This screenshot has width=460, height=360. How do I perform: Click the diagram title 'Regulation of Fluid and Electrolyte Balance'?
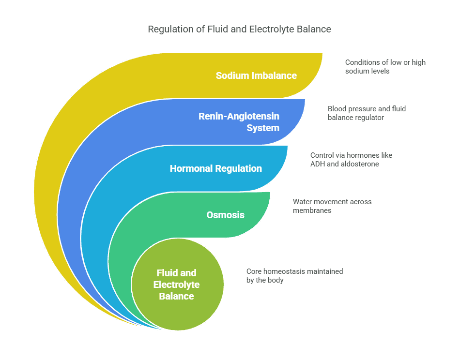point(239,30)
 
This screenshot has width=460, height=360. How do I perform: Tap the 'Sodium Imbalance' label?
point(256,75)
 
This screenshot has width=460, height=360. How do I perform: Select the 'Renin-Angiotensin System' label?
point(239,122)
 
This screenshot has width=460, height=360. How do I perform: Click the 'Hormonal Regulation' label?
point(215,168)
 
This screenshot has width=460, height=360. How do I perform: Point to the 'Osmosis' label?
point(225,215)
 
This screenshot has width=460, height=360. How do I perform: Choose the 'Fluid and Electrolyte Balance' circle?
point(177,284)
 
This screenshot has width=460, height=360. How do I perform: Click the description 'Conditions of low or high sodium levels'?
point(385,67)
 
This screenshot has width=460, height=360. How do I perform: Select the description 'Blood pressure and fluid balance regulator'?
point(367,113)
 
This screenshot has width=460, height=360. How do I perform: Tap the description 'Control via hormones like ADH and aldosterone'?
point(351,160)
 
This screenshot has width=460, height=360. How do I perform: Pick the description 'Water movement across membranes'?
point(332,206)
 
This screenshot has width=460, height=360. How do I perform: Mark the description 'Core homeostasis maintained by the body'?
point(294,276)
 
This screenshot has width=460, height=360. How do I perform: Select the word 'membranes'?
point(312,210)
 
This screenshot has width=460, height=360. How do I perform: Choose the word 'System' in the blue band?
point(263,128)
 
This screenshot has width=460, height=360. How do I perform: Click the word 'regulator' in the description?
point(370,118)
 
